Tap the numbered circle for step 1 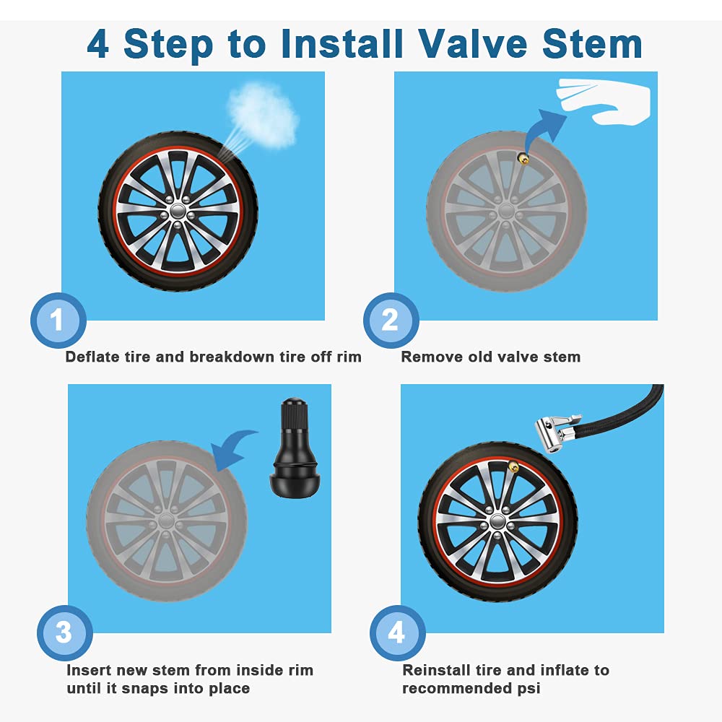[58, 320]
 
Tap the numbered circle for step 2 [391, 320]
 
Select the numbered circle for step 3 [64, 633]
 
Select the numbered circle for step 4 [397, 633]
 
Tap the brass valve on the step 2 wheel [522, 156]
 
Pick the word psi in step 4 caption [529, 688]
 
